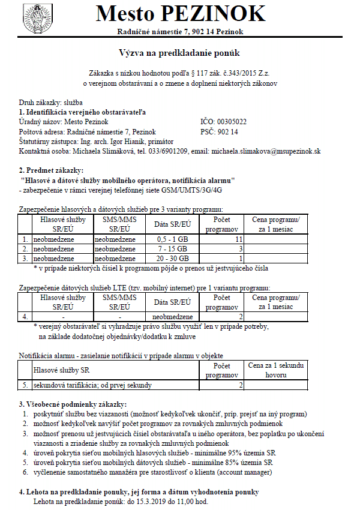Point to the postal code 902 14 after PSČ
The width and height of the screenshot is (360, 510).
(x=228, y=131)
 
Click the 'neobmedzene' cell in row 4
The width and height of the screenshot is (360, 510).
(x=172, y=316)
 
